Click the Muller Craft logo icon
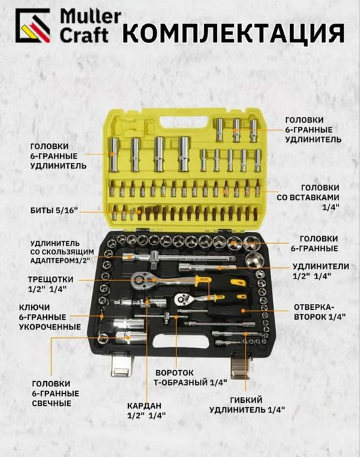point(33,25)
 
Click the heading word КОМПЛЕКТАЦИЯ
point(234,33)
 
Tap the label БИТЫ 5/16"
point(54,210)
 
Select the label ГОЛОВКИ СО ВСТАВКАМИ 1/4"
point(308,197)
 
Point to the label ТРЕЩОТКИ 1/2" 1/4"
point(50,284)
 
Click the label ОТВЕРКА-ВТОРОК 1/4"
point(319,312)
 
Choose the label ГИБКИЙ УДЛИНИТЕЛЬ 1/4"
point(247,405)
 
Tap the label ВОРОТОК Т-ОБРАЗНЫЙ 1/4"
point(190,377)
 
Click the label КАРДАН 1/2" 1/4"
point(146,411)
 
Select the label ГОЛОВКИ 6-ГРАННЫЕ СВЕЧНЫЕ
point(56,394)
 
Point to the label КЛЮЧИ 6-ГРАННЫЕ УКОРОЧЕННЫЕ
point(50,317)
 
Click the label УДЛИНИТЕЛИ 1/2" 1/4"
point(321,271)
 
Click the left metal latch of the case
point(122,364)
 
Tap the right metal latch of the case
point(242,366)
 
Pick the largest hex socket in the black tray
point(254,260)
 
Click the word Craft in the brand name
point(84,35)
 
